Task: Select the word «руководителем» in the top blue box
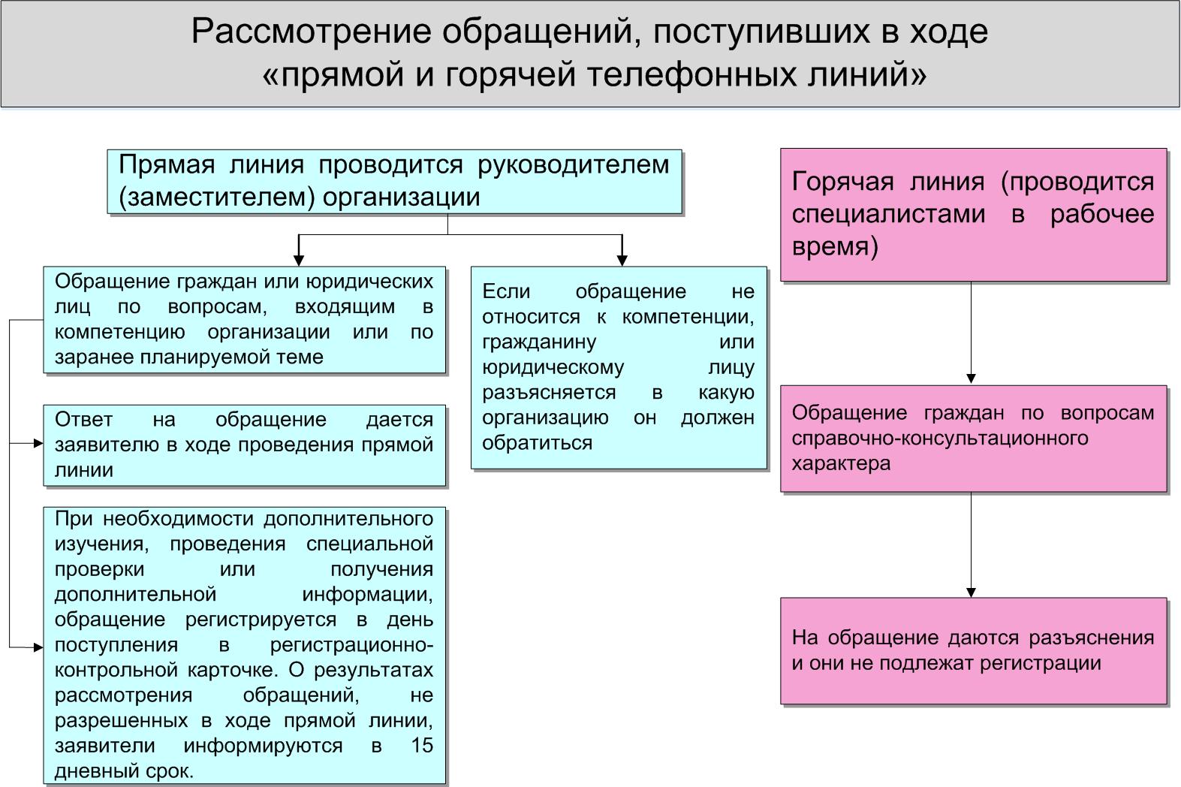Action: tap(573, 165)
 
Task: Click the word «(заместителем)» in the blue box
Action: tap(217, 198)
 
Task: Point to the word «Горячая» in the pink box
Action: tap(842, 182)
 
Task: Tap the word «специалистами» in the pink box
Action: tap(888, 214)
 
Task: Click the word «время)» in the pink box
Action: tap(835, 246)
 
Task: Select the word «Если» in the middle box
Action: tap(506, 291)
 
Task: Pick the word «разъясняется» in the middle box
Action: tap(549, 393)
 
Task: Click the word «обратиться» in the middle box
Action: tap(538, 443)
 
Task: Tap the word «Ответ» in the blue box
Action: tap(84, 419)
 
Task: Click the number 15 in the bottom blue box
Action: tap(422, 746)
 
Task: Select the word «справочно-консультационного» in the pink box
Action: tap(940, 439)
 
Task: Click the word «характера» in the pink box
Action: tap(841, 463)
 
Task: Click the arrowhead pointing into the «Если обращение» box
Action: tap(622, 261)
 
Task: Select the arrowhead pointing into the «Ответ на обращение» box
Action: tap(38, 444)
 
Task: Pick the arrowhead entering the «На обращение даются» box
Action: tap(972, 593)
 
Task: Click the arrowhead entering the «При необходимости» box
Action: tap(38, 647)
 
